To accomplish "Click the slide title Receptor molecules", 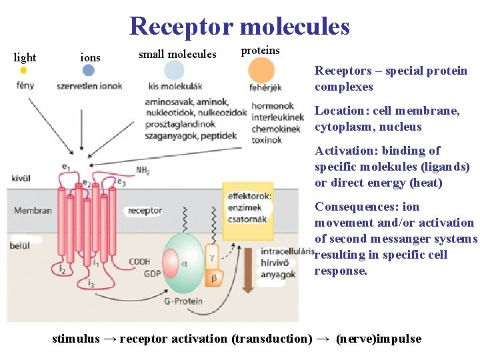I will coord(239,27).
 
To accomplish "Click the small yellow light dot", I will coord(23,70).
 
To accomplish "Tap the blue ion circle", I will coord(89,70).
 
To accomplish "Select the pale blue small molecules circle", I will coord(174,70).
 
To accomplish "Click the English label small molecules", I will coord(177,54).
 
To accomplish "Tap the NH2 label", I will coord(143,171).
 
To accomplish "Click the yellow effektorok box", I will coord(248,207).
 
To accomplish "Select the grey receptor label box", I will coord(145,211).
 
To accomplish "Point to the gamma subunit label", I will coord(213,257).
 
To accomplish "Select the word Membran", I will coord(33,211).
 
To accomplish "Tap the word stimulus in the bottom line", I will coord(75,339).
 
